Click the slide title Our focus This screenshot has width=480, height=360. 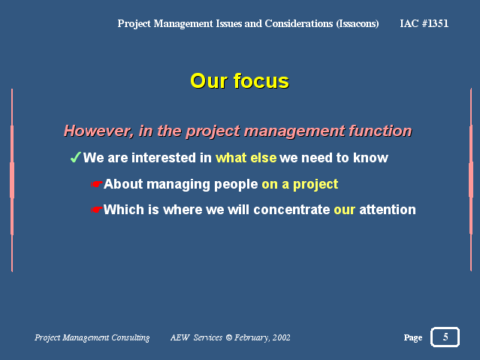(x=240, y=81)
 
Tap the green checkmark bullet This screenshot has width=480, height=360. (x=75, y=158)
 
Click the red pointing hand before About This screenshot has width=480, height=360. (x=96, y=184)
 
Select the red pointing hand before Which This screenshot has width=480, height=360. (x=96, y=210)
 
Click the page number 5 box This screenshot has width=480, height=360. (x=445, y=337)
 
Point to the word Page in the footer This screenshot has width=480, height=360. (x=413, y=337)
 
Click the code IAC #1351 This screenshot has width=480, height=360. (x=424, y=23)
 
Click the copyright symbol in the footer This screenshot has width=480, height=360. (x=229, y=337)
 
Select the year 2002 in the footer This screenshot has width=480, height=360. (x=282, y=337)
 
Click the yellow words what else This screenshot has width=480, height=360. (x=246, y=158)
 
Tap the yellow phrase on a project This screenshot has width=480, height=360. (x=300, y=184)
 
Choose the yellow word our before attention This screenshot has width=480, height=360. (x=344, y=210)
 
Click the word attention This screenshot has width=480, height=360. (x=388, y=210)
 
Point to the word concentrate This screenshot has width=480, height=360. (x=291, y=210)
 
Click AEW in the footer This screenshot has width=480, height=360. (x=180, y=337)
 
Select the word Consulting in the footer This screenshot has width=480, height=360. (x=131, y=337)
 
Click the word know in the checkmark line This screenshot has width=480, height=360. (x=370, y=158)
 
